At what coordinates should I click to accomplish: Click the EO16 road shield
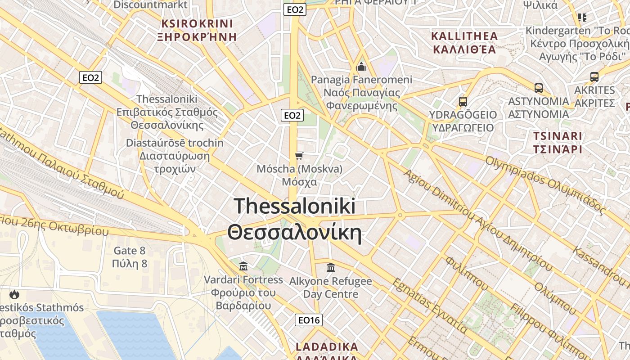click(x=309, y=320)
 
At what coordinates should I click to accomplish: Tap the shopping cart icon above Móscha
click(x=299, y=156)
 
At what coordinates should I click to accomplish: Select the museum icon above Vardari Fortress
click(x=243, y=266)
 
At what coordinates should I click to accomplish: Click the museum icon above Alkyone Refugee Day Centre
click(x=331, y=268)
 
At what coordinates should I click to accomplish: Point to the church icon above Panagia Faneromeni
click(x=361, y=67)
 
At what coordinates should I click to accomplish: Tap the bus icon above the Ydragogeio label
click(x=463, y=102)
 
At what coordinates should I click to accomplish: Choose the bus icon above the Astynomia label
click(x=539, y=88)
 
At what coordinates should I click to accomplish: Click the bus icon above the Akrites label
click(x=594, y=77)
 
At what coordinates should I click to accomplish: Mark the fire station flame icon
click(x=14, y=295)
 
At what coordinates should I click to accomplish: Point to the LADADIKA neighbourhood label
click(x=327, y=347)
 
